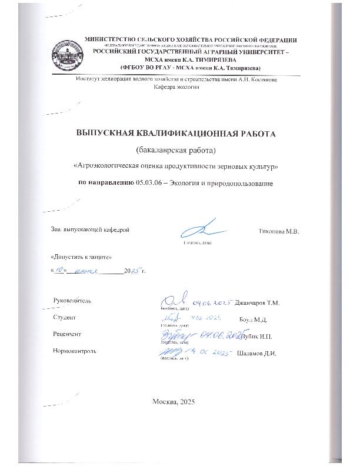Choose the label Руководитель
click(72, 301)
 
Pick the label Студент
click(65, 318)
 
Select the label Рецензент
click(66, 334)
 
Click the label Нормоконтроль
click(75, 351)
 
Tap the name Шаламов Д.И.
click(256, 354)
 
